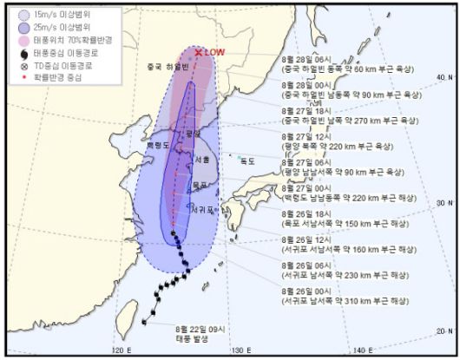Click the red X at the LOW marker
coord(199,53)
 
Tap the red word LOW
coord(215,53)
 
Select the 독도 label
coord(248,160)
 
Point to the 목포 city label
coord(200,185)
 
